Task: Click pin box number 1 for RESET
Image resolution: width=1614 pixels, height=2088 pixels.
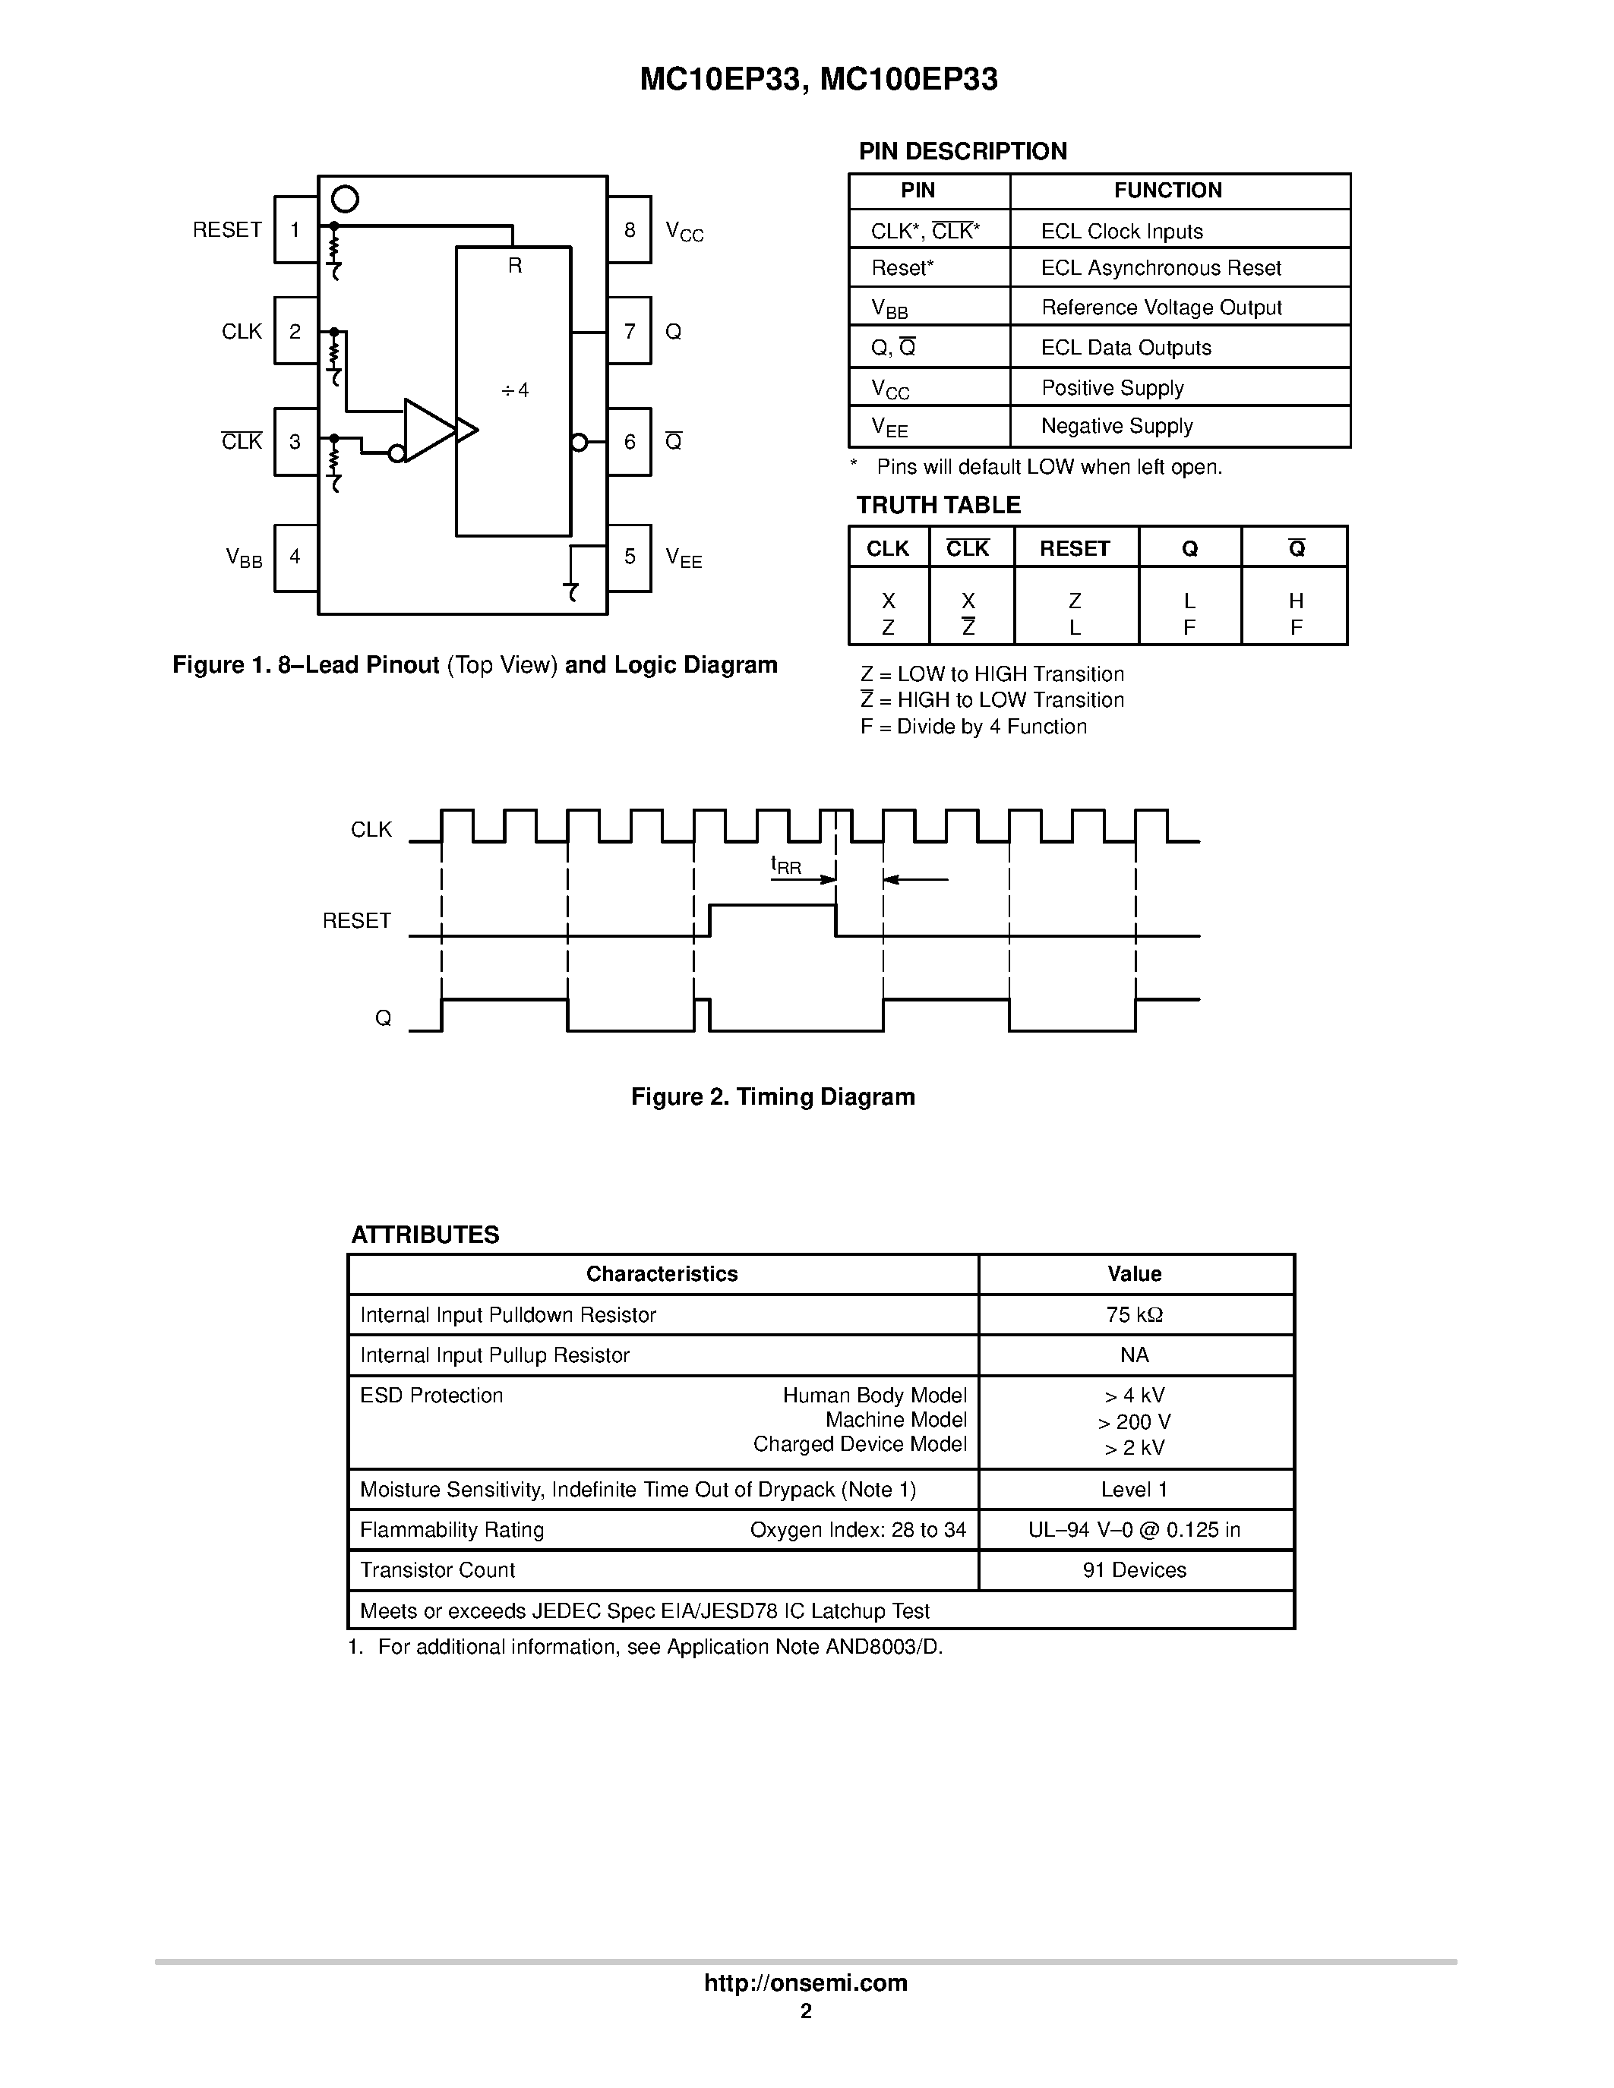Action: pos(295,229)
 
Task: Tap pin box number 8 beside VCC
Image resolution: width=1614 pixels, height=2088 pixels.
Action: pos(629,229)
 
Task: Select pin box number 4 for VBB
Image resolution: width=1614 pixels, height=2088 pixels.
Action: pos(295,557)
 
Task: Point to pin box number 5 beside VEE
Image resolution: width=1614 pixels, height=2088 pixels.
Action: pos(629,557)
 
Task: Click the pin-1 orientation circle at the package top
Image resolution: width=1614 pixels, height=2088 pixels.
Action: pos(344,199)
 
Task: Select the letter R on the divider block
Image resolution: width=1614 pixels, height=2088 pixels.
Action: pos(514,266)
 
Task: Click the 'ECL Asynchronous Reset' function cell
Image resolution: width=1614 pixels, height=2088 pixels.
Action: pos(1161,269)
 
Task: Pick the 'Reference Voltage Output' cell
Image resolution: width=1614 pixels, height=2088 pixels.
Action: pos(1161,308)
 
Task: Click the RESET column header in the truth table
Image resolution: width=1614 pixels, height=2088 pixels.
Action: pos(1075,549)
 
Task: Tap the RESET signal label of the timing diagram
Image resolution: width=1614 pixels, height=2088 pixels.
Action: pos(357,921)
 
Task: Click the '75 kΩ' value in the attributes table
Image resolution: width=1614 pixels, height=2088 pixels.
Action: pos(1134,1316)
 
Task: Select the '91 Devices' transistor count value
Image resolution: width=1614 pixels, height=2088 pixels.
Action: pos(1134,1570)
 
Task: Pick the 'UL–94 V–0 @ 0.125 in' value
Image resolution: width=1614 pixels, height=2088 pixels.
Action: pos(1134,1530)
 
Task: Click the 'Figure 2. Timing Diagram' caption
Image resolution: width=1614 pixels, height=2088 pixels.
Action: pos(772,1096)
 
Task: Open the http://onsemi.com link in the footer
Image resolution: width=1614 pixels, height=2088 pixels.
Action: pos(805,1982)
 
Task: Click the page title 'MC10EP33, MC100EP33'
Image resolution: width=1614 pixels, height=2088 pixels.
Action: pos(819,80)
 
